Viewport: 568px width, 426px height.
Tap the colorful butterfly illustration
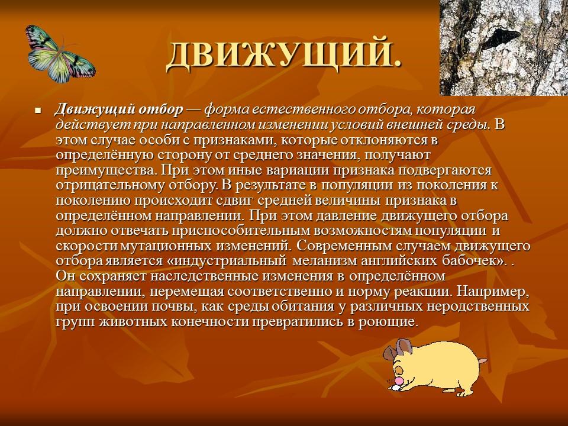[x=59, y=54]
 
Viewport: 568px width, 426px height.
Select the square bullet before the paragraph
[x=38, y=111]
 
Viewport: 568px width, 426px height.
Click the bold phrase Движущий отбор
[x=118, y=111]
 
